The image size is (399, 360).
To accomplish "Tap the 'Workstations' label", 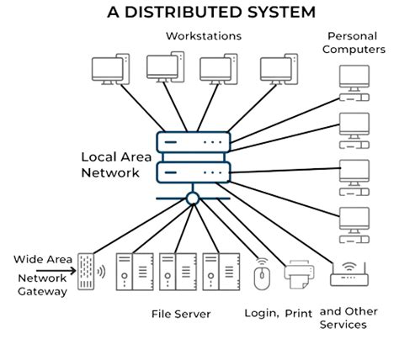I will coord(203,36).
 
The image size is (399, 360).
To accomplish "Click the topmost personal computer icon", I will coord(352,78).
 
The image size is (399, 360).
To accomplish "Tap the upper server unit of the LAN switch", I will coord(193,144).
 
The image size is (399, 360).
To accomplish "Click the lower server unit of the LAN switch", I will coord(193,172).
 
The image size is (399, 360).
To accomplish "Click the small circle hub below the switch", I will coord(193,199).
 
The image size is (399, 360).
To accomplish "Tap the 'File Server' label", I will coord(180,314).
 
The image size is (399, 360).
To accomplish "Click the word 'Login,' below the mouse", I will coord(261,314).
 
